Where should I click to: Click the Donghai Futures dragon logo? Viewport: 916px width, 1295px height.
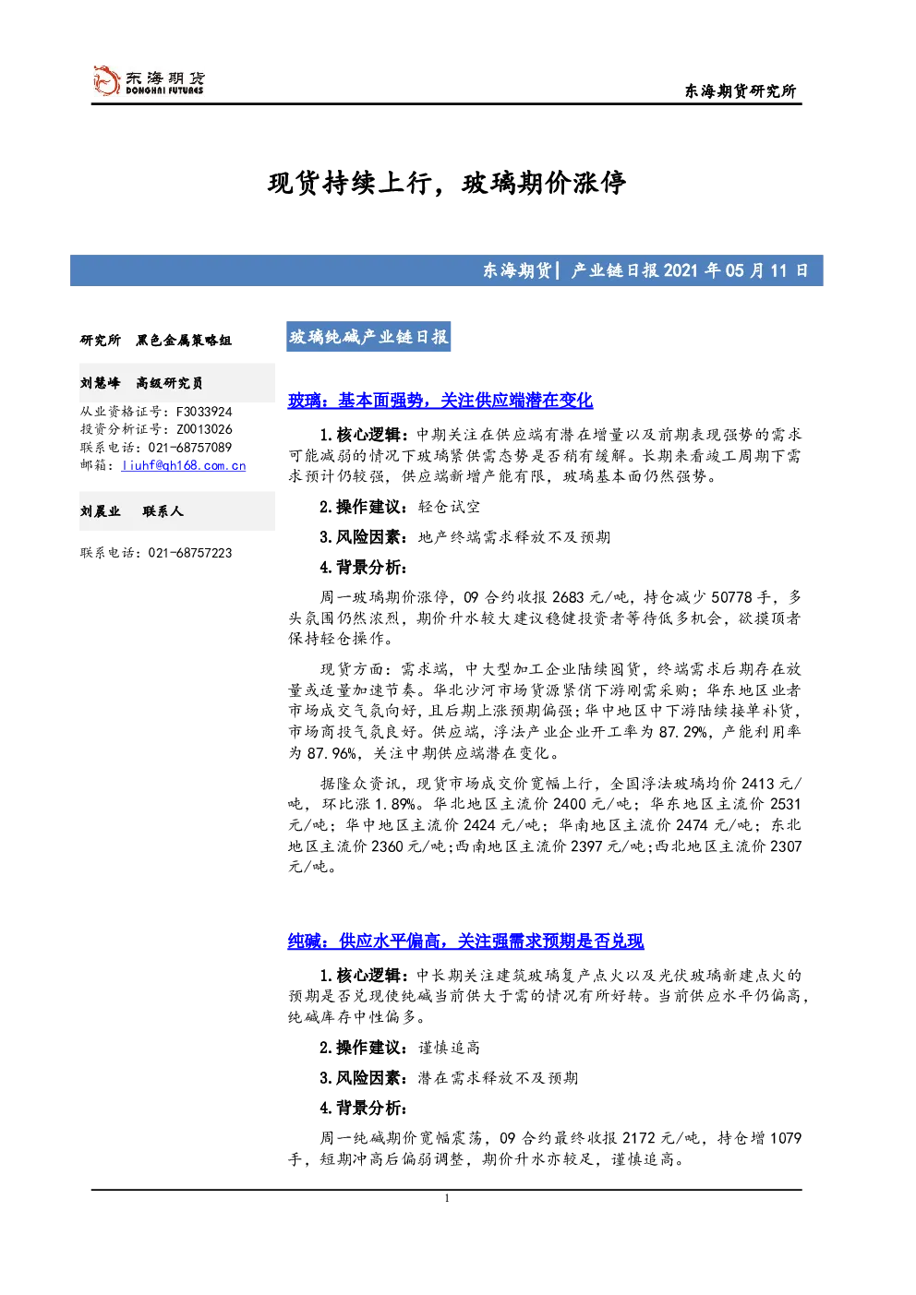coord(106,81)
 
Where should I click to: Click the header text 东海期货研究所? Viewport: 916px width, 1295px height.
coord(741,90)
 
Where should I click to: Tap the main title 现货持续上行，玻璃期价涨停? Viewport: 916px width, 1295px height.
coord(446,184)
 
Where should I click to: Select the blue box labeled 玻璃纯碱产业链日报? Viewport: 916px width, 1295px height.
coord(368,337)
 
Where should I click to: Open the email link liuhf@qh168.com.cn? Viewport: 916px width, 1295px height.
coord(184,465)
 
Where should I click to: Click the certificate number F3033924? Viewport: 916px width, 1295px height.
coord(204,412)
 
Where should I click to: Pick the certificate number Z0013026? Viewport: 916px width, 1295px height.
coord(204,429)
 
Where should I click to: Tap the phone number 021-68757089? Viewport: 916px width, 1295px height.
coord(189,448)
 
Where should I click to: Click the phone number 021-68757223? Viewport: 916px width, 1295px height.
coord(189,553)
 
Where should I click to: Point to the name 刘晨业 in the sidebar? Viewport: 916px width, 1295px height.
coord(100,511)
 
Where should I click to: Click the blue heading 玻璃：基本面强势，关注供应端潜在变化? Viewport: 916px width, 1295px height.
coord(440,400)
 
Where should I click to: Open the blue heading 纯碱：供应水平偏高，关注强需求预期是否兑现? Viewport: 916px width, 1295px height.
coord(465,941)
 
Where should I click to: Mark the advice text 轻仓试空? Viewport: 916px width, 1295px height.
coord(449,507)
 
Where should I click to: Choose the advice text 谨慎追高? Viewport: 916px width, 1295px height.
coord(449,1048)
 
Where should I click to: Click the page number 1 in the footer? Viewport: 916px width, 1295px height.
coord(446,1198)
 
